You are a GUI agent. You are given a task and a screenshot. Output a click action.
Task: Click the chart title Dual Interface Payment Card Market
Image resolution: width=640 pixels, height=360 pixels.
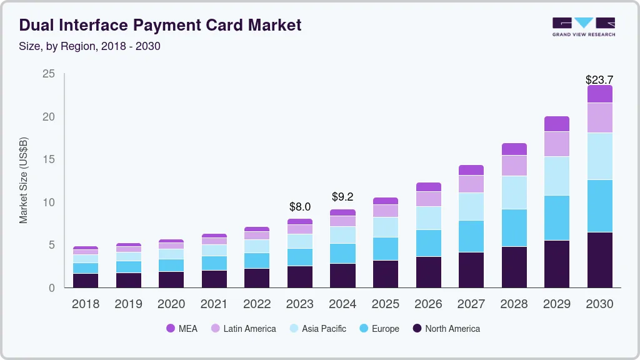click(160, 25)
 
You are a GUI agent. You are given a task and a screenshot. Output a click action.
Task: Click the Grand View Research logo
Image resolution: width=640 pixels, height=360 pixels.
click(583, 26)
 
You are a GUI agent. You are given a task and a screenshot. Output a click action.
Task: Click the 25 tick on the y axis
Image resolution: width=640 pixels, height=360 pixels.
click(48, 74)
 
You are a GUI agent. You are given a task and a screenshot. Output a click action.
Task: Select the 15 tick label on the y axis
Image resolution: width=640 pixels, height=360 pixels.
click(48, 160)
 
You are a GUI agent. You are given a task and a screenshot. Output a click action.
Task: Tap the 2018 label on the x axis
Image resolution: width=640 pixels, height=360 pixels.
click(86, 304)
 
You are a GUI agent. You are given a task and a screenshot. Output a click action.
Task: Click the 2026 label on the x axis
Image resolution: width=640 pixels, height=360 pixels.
click(428, 304)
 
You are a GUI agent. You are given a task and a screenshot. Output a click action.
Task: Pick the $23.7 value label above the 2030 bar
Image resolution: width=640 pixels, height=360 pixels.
click(599, 80)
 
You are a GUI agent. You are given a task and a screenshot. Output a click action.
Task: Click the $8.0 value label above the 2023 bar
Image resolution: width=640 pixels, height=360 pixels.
click(300, 206)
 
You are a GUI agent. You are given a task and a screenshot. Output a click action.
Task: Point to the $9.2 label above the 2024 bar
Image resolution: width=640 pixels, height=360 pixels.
click(342, 197)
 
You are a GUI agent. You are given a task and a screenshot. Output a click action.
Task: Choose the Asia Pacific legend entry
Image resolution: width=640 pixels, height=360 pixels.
click(317, 329)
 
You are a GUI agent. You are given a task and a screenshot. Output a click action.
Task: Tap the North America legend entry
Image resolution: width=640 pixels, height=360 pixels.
click(446, 329)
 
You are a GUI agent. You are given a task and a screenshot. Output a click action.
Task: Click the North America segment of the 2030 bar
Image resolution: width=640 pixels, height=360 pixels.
click(599, 260)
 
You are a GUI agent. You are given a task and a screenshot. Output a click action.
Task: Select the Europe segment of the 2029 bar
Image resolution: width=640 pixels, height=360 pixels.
click(557, 217)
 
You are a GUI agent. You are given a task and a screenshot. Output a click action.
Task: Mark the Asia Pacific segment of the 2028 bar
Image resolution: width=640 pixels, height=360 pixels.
click(514, 192)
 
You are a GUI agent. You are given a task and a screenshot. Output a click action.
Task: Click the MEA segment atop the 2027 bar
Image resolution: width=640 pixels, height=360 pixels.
click(471, 170)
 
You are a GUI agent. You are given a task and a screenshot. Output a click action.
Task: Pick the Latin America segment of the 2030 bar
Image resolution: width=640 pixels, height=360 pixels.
click(599, 117)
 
